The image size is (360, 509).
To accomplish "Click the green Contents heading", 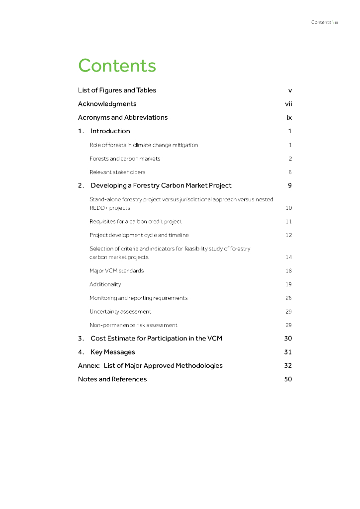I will coord(117,66).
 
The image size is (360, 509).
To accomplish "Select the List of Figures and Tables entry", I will coord(117,90).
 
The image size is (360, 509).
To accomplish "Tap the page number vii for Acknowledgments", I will coord(288,104).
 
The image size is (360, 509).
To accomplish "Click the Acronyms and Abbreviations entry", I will coord(123,118).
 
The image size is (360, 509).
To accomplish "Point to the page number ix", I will coord(289,118).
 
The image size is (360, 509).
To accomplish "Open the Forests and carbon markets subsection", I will coord(125,159).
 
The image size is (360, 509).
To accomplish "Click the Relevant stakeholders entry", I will coord(117,172).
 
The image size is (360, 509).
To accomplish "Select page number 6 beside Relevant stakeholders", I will coord(290,172).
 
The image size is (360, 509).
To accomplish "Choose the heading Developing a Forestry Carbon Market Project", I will coord(161,185).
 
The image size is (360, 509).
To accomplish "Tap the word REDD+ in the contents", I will coord(98,208).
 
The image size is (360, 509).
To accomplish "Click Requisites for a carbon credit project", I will coord(136,221).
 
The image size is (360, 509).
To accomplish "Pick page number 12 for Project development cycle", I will coord(289,235).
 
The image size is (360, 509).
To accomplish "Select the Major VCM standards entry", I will coord(116,271).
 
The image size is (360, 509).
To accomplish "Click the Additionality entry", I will coord(105,284).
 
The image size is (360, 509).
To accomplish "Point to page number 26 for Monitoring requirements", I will coord(289,298).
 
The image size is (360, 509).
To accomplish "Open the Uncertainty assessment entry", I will coord(120,312).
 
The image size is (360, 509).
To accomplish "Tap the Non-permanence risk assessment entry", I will coord(133,325).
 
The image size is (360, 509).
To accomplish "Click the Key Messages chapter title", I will coord(112,352).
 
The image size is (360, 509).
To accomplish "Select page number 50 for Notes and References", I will coord(288,379).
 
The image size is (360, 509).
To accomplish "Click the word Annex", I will coord(88,366).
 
